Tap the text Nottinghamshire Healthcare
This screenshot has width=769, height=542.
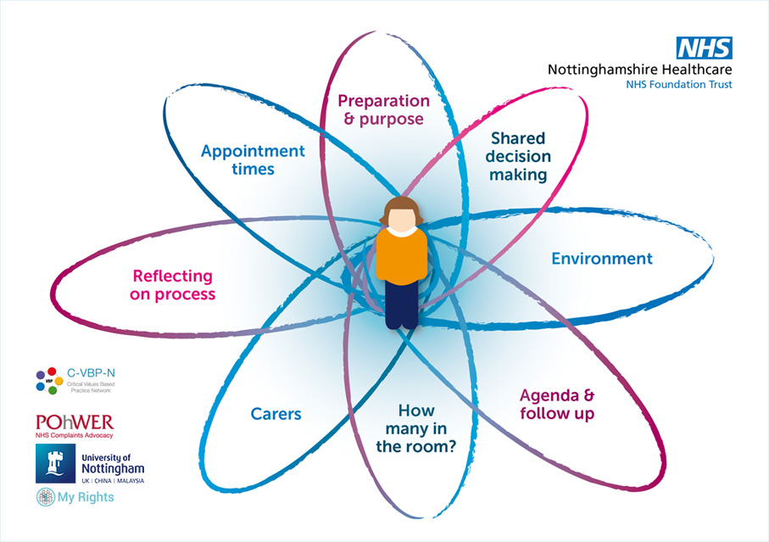[x=639, y=69]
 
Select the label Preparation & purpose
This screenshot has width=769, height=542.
[x=383, y=109]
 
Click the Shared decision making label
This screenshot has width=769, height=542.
[x=520, y=156]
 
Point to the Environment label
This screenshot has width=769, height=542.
[x=602, y=259]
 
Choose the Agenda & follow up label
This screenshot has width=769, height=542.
[x=556, y=405]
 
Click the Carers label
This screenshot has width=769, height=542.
[x=276, y=414]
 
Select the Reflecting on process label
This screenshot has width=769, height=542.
[x=173, y=286]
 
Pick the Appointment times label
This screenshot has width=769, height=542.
[x=252, y=159]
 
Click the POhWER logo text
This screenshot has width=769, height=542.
[x=75, y=422]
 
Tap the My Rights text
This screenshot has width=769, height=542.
[x=85, y=497]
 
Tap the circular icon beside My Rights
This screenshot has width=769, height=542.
[x=44, y=498]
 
